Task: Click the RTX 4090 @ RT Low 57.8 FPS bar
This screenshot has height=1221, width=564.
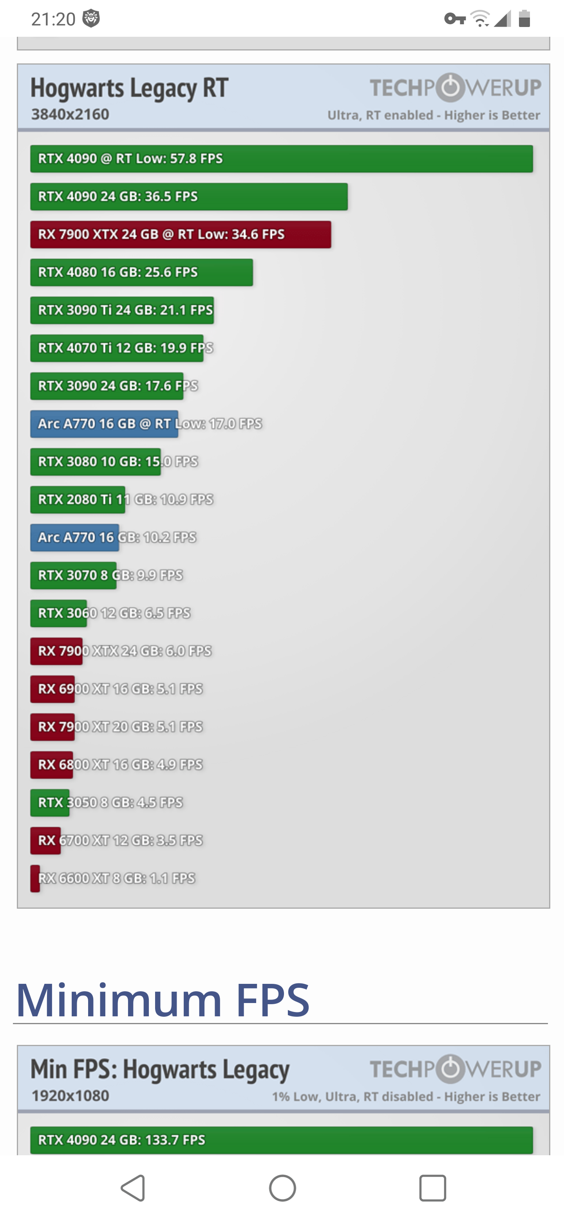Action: point(281,159)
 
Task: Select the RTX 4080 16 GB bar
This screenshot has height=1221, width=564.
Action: point(141,272)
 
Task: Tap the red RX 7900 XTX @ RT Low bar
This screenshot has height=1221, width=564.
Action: point(180,235)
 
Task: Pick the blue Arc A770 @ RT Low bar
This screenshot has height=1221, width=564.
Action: point(104,424)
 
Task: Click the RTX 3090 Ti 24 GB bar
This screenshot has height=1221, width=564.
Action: point(122,310)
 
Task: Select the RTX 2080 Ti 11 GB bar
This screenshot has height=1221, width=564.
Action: point(78,500)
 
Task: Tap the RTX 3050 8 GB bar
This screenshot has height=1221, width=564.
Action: point(50,803)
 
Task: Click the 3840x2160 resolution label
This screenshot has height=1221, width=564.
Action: point(70,114)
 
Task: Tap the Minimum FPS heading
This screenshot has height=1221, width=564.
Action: point(163,1000)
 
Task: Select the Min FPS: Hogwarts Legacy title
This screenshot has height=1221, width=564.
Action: point(160,1070)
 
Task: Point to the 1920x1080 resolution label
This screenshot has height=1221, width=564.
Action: point(70,1096)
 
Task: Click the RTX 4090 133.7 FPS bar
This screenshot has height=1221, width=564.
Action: point(281,1140)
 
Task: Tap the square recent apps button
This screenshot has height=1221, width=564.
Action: point(432,1188)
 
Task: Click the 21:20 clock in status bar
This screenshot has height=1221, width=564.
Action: point(53,19)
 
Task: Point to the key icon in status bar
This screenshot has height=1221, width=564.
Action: point(454,19)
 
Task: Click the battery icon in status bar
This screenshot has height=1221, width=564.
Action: point(524,19)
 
